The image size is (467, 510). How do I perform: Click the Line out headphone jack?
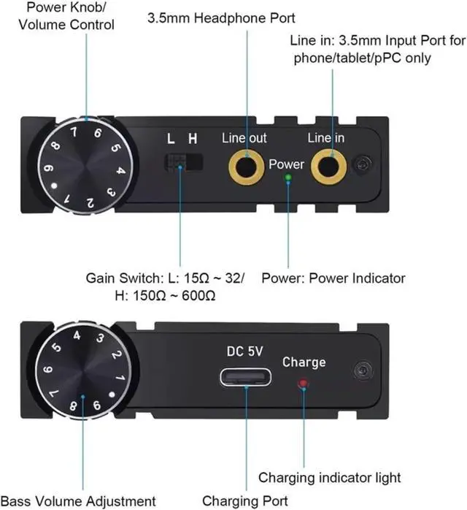pyautogui.click(x=245, y=167)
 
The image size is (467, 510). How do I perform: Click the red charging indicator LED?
pyautogui.click(x=303, y=383)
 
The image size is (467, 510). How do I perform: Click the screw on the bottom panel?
pyautogui.click(x=359, y=370)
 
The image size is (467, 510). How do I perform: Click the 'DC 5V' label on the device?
pyautogui.click(x=244, y=351)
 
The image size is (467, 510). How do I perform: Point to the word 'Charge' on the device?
pyautogui.click(x=304, y=362)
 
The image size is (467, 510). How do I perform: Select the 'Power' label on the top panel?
pyautogui.click(x=286, y=164)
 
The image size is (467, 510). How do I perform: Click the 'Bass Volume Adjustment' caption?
pyautogui.click(x=79, y=501)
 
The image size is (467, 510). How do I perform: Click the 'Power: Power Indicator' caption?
pyautogui.click(x=333, y=278)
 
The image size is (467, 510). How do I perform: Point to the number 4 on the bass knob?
pyautogui.click(x=77, y=335)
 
